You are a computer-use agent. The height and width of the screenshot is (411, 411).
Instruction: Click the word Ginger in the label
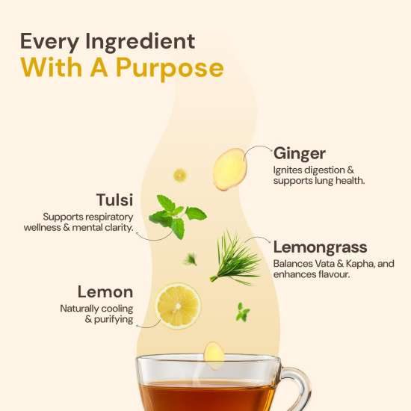[299, 153]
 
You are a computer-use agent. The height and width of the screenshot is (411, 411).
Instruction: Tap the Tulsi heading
[114, 200]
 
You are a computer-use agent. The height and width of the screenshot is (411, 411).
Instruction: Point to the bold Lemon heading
[105, 291]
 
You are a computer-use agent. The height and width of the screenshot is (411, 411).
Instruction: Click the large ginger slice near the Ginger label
[229, 169]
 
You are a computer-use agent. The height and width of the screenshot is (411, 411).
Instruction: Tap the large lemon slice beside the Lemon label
[178, 306]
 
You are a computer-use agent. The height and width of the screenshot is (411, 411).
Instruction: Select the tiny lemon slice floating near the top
[180, 175]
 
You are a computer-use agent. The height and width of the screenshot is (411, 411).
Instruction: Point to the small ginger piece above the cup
[214, 355]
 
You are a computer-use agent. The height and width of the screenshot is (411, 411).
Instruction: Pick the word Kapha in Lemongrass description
[343, 264]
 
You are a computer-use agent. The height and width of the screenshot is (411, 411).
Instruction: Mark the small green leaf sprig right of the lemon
[242, 312]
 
